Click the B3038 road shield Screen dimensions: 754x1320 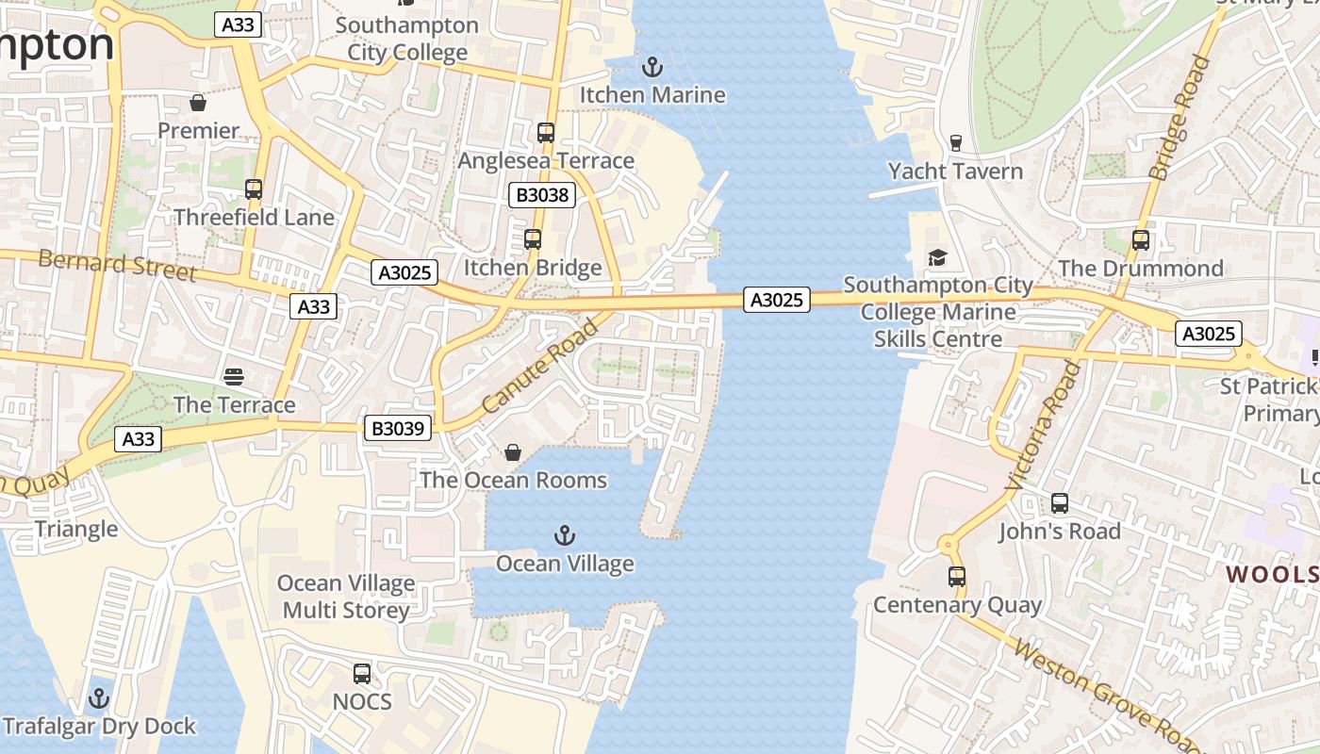(541, 195)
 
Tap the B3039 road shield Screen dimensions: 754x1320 (399, 429)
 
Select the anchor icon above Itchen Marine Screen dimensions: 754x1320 (652, 67)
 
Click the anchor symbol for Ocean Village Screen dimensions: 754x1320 (564, 536)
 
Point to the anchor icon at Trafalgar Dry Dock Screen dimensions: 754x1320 (99, 698)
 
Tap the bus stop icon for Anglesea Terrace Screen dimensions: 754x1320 (546, 133)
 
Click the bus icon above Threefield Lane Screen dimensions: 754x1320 (254, 189)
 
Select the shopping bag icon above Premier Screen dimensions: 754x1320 (198, 102)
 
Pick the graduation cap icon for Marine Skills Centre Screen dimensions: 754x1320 (937, 257)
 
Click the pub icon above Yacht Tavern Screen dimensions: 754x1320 (956, 143)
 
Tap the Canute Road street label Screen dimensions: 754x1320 (540, 366)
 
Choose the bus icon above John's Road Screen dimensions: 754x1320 (1060, 503)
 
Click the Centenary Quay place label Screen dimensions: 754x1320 (958, 605)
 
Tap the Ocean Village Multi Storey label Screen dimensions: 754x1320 (346, 597)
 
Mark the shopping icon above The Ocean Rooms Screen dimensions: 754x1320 (513, 453)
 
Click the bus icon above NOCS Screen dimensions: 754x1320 (362, 674)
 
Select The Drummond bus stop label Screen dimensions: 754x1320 (1141, 269)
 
